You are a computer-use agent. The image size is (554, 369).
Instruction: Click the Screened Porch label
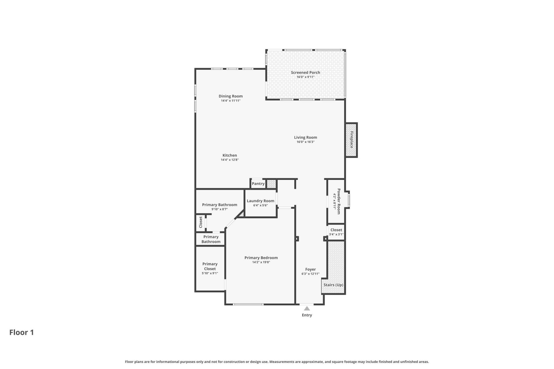(305, 72)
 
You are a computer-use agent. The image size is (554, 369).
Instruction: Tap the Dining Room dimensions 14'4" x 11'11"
(231, 101)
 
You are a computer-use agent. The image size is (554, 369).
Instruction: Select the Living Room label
(305, 137)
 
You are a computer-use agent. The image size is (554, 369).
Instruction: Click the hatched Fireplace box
(351, 140)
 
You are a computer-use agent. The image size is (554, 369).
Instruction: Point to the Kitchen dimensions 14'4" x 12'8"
(230, 160)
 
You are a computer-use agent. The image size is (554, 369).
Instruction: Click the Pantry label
(258, 184)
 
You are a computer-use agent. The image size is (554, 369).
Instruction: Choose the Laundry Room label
(260, 201)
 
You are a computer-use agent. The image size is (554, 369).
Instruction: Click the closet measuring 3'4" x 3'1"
(336, 232)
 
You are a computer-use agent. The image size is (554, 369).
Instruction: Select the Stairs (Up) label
(333, 285)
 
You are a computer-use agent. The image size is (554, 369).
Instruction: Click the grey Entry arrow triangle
(307, 308)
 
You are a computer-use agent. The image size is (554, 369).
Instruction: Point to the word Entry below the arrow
(307, 315)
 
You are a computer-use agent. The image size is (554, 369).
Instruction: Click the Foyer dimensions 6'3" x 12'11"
(310, 274)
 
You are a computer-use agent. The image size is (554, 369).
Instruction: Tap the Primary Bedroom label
(261, 258)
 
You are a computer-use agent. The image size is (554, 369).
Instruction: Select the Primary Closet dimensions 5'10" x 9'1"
(210, 273)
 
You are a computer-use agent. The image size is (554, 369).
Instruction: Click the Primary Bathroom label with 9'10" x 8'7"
(219, 205)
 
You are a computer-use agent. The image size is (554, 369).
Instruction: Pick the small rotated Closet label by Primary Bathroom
(201, 222)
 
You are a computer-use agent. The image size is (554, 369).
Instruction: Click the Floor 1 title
(22, 332)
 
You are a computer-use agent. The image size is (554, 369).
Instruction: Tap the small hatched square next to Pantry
(271, 184)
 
